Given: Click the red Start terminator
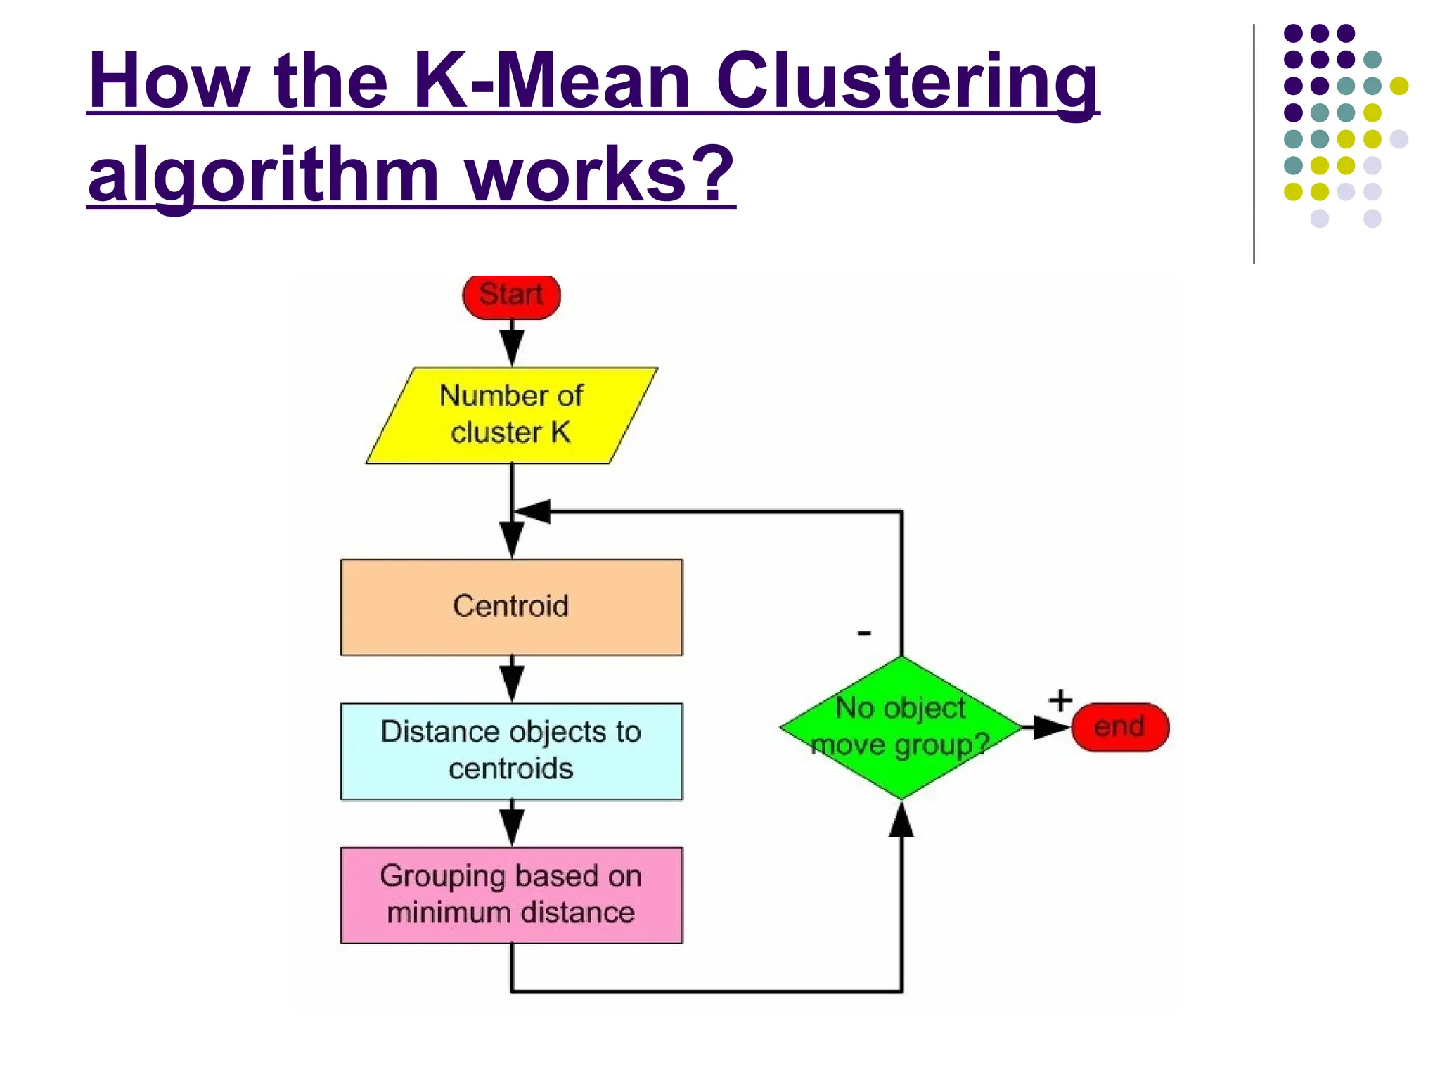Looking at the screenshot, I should pos(511,295).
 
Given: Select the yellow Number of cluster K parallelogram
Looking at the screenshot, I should pos(511,415).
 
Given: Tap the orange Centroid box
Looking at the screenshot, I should pos(511,607).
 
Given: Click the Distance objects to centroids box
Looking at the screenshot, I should pos(511,750).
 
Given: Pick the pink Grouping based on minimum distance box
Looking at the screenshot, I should pos(511,894).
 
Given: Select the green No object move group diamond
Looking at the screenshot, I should pos(901,727).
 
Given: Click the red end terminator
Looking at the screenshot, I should pos(1119,727).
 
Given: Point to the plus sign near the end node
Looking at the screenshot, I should pos(1060,700).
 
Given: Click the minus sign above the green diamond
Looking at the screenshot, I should pos(864,634).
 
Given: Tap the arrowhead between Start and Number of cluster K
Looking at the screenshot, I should pos(511,347).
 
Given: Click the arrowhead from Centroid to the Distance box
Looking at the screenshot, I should pos(511,682).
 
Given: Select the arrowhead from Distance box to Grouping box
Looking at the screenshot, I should pos(511,826).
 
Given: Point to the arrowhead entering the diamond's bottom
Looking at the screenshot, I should pos(901,821).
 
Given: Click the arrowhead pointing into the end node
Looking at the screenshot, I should pos(1051,727).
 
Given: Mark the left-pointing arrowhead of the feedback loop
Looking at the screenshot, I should pos(534,511).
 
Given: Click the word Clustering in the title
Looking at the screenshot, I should pos(907,82).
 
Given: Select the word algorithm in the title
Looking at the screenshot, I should pos(264,175).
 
